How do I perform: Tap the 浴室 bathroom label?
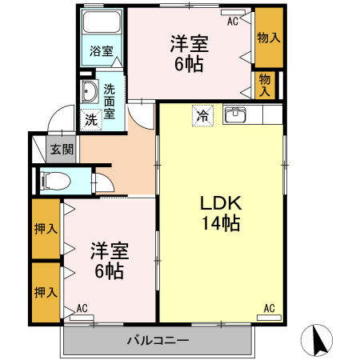click(101, 50)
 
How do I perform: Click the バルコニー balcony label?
click(158, 342)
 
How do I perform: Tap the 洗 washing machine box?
click(90, 120)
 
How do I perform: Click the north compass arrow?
click(318, 342)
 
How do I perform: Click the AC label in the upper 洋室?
click(233, 22)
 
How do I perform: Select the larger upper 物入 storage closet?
click(268, 38)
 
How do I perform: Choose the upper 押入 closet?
click(46, 230)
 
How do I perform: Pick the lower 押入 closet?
click(46, 291)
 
